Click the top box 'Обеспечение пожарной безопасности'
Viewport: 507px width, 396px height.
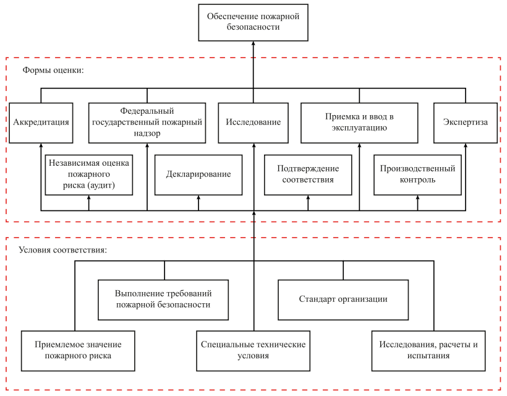253,23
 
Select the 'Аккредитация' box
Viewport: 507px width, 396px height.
41,123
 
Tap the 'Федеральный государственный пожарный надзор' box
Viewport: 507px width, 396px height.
147,123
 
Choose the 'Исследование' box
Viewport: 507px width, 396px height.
253,123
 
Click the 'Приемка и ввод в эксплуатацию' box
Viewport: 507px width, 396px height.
359,123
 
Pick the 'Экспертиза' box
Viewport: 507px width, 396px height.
466,123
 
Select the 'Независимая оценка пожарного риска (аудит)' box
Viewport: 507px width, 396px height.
89,174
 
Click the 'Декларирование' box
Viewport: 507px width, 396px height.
198,174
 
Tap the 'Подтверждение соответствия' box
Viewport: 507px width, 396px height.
308,174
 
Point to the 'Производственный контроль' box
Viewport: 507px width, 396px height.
417,174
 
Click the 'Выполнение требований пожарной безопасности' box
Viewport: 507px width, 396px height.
163,300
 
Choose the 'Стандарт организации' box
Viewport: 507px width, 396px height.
343,300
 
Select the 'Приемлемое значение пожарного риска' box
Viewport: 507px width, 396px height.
78,351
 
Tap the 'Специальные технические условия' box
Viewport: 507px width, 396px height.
253,351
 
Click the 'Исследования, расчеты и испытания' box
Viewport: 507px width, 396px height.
428,351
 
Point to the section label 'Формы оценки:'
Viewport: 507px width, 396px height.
53,70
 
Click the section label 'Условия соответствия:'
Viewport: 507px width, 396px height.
62,250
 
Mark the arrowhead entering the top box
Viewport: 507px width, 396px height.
253,43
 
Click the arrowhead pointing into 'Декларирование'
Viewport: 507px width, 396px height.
198,197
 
